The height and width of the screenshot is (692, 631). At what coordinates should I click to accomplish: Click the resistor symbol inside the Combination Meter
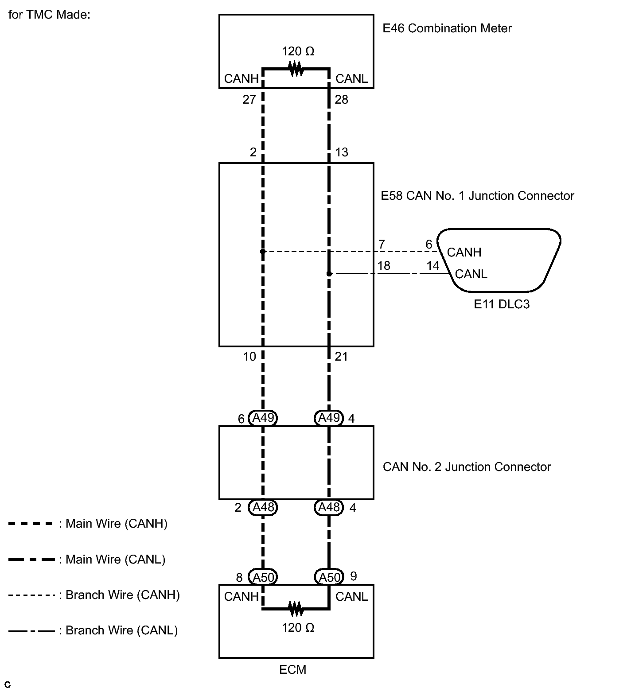[x=296, y=69]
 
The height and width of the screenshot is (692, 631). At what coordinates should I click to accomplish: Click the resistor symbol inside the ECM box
[x=296, y=609]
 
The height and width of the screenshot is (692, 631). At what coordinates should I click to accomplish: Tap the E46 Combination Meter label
[x=447, y=28]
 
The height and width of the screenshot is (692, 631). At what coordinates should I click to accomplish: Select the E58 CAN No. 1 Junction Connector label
[x=477, y=196]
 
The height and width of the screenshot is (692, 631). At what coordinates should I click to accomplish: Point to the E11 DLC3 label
[x=502, y=304]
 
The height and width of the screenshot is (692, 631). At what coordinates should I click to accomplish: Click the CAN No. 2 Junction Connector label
[x=467, y=467]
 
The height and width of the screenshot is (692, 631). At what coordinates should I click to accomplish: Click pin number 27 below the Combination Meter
[x=249, y=100]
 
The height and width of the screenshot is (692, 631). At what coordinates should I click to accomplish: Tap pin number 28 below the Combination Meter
[x=341, y=100]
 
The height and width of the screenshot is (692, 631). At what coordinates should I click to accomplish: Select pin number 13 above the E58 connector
[x=341, y=152]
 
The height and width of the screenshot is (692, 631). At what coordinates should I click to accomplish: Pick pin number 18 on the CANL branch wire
[x=383, y=265]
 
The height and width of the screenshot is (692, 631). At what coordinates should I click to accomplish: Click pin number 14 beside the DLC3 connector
[x=432, y=265]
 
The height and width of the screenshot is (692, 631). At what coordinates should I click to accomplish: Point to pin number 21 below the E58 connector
[x=341, y=356]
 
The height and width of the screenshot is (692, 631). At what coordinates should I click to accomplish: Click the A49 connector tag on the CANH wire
[x=263, y=418]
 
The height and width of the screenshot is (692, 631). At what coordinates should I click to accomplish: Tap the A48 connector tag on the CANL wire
[x=329, y=507]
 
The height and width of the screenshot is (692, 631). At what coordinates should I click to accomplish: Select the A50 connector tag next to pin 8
[x=263, y=577]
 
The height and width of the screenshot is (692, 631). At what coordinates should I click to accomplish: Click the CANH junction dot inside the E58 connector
[x=263, y=252]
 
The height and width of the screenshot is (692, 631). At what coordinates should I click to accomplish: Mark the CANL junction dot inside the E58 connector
[x=329, y=274]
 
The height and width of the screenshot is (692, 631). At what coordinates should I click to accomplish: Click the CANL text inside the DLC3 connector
[x=471, y=274]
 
